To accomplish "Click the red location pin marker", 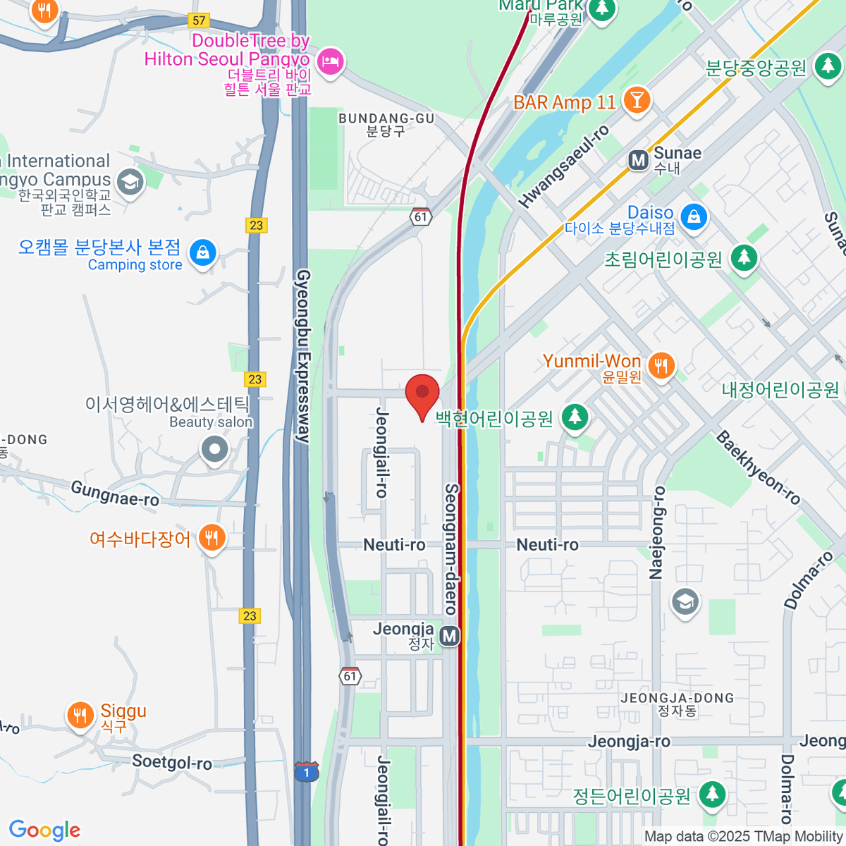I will (422, 393).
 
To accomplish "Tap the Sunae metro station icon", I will (638, 160).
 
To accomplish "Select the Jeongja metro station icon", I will (450, 636).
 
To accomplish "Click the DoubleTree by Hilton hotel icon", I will (330, 61).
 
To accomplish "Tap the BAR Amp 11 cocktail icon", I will (637, 100).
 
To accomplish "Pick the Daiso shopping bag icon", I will (694, 216).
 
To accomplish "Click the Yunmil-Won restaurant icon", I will (661, 366).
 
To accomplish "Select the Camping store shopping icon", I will (203, 252).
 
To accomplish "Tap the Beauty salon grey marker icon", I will (214, 449).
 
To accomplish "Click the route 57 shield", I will (200, 20).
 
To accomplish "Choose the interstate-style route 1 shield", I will (307, 771).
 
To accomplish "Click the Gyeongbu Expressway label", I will (303, 356).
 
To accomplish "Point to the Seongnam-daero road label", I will (452, 548).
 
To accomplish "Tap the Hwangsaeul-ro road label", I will (564, 167).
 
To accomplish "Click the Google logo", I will (44, 830).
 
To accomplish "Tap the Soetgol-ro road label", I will (172, 762).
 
